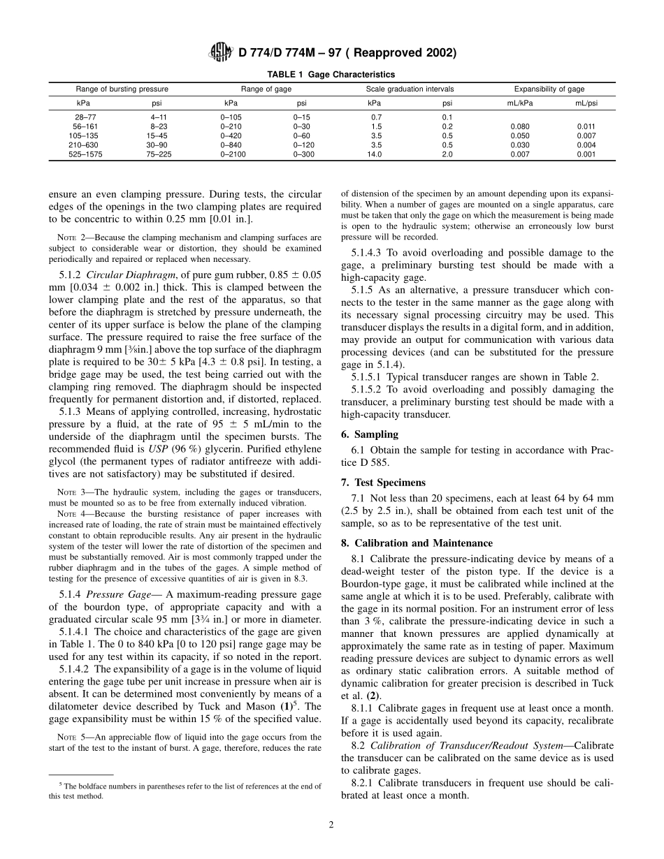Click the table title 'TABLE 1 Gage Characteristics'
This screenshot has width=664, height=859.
click(331, 74)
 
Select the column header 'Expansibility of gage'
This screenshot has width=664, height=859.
click(549, 89)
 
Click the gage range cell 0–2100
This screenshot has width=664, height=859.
click(233, 154)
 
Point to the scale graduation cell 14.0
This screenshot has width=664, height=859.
click(375, 154)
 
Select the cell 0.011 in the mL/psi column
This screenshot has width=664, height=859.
click(586, 126)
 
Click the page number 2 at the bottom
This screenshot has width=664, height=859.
click(331, 825)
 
